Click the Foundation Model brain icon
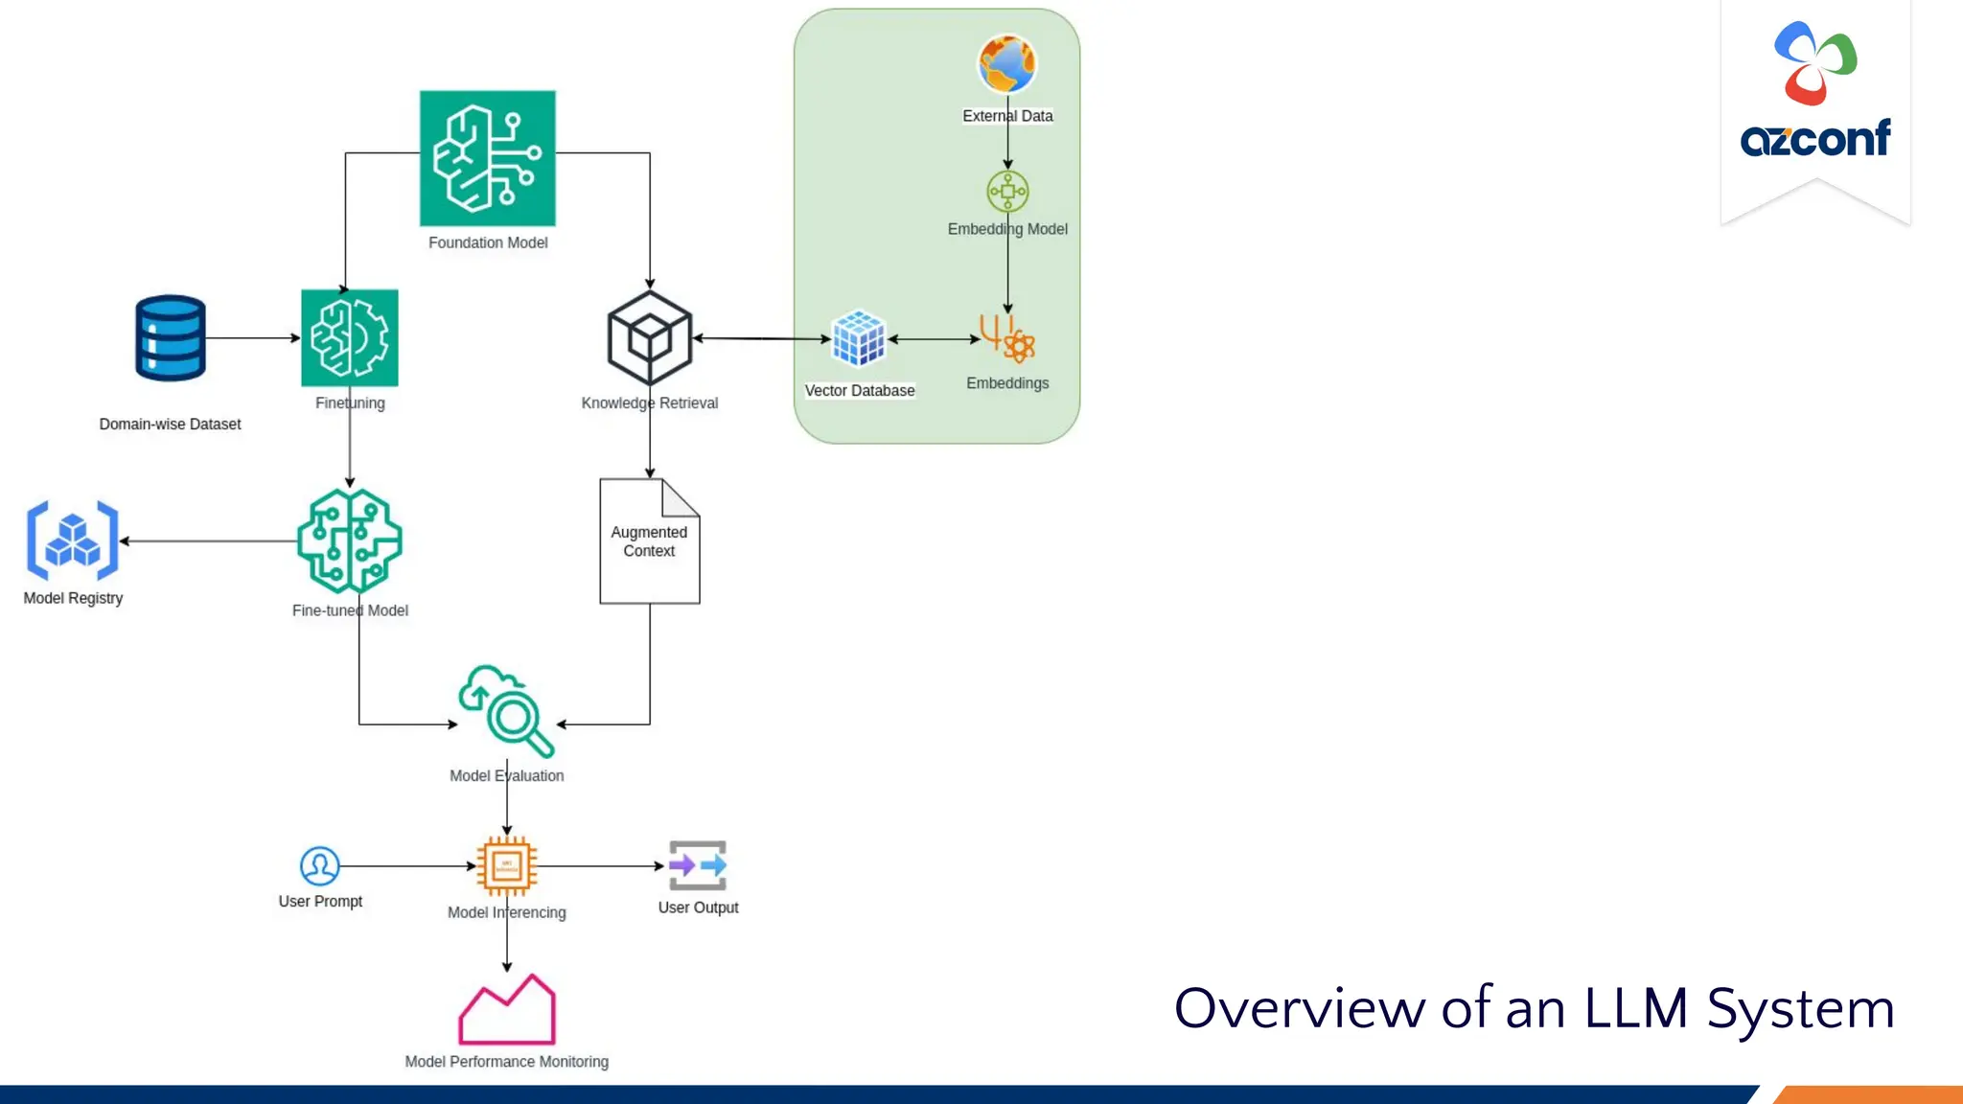(x=487, y=158)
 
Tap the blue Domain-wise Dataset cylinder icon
(x=171, y=337)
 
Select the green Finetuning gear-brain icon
(x=350, y=337)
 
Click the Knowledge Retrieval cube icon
(x=650, y=338)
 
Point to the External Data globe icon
(x=1007, y=64)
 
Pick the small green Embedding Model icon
(x=1007, y=192)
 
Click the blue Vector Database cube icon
(x=859, y=338)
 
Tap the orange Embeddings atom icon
(x=1007, y=338)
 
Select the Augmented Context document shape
(x=650, y=541)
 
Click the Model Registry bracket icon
(x=73, y=540)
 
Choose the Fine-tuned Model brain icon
(x=350, y=540)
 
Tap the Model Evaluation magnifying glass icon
(x=507, y=711)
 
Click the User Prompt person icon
(x=319, y=865)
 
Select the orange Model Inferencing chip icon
(x=507, y=865)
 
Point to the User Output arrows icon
(x=698, y=865)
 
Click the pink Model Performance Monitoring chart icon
(x=507, y=1011)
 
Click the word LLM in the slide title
(x=1635, y=1008)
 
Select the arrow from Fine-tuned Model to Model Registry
(x=211, y=540)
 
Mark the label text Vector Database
(x=860, y=391)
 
